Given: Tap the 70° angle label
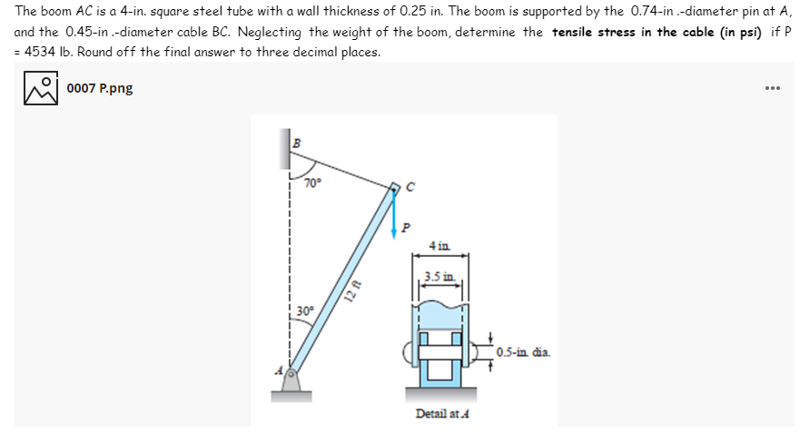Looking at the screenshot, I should (x=312, y=183).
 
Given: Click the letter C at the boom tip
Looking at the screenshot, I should (x=410, y=188).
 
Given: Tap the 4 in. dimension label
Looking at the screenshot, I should (x=440, y=246).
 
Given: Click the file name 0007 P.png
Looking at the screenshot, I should (x=100, y=88).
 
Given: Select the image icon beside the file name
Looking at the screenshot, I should (x=39, y=88).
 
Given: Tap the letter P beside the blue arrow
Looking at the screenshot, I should (x=405, y=224).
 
